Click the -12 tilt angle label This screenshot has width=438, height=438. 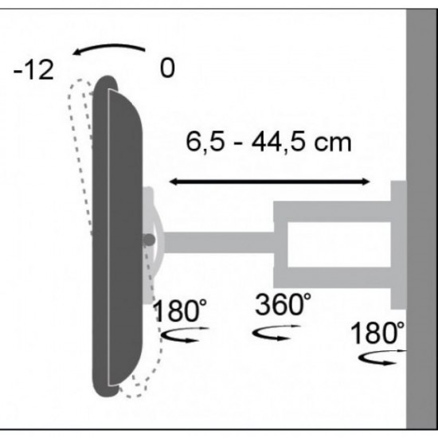[x=33, y=70]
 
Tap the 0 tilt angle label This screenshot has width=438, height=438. [x=166, y=68]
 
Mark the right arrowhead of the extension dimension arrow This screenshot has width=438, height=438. [x=366, y=182]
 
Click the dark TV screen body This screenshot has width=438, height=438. [x=119, y=239]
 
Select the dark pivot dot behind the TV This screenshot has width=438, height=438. [x=149, y=239]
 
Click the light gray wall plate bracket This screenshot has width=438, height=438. [x=397, y=244]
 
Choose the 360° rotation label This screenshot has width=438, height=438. [x=284, y=303]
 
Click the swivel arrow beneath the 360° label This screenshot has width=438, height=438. [x=272, y=332]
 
